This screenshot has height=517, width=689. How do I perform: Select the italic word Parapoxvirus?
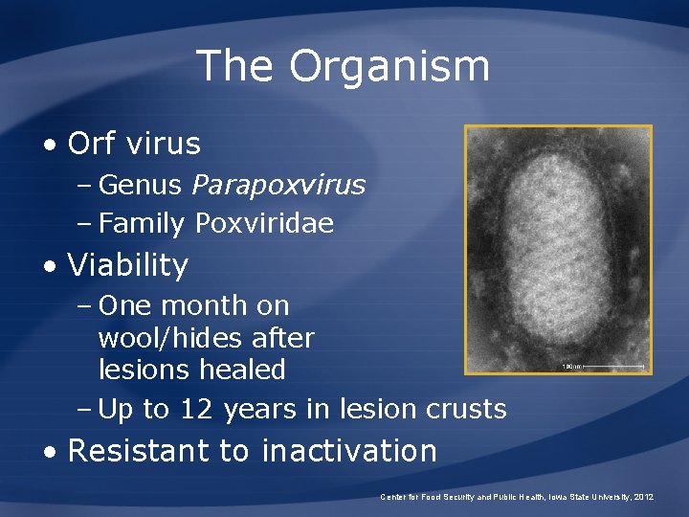pos(278,185)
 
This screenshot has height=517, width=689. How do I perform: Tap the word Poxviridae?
pos(264,224)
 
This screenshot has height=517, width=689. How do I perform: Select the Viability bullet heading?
pos(128,265)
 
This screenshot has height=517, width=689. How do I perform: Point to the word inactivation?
pos(349,450)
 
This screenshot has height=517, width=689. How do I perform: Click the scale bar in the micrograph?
pos(613,366)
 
